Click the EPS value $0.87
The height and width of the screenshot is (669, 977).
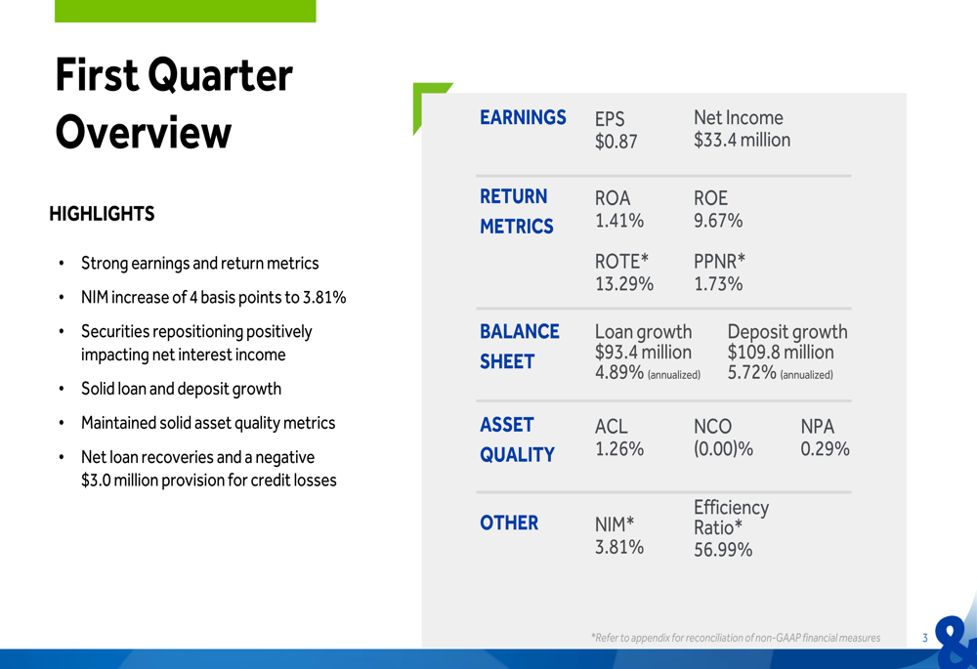coord(616,142)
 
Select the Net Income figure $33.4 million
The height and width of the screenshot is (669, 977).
coord(742,140)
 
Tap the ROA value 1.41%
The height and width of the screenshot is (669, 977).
coord(618,221)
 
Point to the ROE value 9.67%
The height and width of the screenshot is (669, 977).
coord(718,221)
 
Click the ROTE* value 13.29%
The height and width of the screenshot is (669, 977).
coord(623,284)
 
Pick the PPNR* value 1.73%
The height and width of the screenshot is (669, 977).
coord(718,284)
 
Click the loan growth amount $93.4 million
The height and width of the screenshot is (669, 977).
coord(643,352)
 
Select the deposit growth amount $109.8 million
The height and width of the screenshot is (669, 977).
coord(780,352)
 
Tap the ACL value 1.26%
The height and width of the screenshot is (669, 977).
coord(618,448)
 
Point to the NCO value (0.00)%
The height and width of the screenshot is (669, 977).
coord(723,448)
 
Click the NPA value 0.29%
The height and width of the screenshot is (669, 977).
coord(825,448)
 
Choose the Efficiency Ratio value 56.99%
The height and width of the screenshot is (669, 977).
coord(723,550)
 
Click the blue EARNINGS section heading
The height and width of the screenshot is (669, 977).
coord(523,117)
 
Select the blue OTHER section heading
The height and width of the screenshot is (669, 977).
coord(508,523)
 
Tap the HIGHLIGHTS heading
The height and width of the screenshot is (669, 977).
coord(102,214)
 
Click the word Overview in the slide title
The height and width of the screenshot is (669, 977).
coord(144,132)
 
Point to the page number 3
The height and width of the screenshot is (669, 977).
coord(924,638)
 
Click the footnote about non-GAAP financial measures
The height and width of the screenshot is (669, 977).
coord(736,638)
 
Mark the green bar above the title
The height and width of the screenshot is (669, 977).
coord(185,11)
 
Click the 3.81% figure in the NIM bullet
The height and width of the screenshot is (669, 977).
coord(324,298)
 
